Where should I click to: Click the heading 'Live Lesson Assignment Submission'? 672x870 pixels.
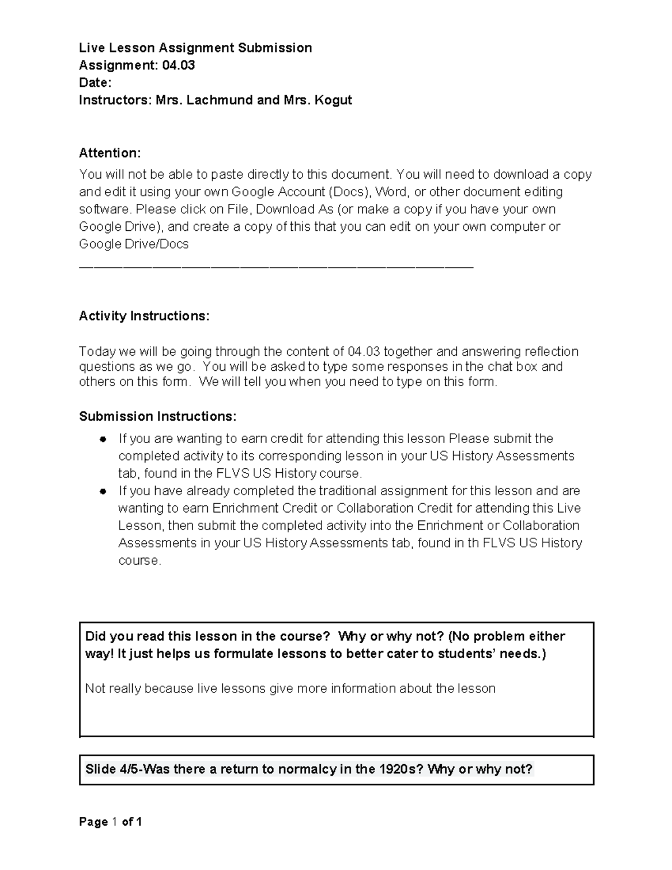(195, 48)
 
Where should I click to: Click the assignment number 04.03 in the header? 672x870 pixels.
(178, 65)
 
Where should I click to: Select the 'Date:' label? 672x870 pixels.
(95, 83)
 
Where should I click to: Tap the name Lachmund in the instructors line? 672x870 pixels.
(219, 100)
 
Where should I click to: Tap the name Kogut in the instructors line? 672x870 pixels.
(333, 100)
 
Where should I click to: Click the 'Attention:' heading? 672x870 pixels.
(110, 153)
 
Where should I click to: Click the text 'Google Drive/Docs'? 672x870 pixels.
(134, 244)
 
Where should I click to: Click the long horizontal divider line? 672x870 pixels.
(277, 268)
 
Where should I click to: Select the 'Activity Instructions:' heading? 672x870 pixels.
(144, 316)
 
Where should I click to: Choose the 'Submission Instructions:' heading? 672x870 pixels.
(157, 416)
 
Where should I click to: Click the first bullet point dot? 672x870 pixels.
(102, 439)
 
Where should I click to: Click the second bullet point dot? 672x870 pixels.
(102, 491)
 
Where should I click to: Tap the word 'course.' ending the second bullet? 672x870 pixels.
(139, 561)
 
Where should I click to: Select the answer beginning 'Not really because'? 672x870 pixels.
(290, 688)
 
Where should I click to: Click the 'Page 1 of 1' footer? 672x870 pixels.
(110, 822)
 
